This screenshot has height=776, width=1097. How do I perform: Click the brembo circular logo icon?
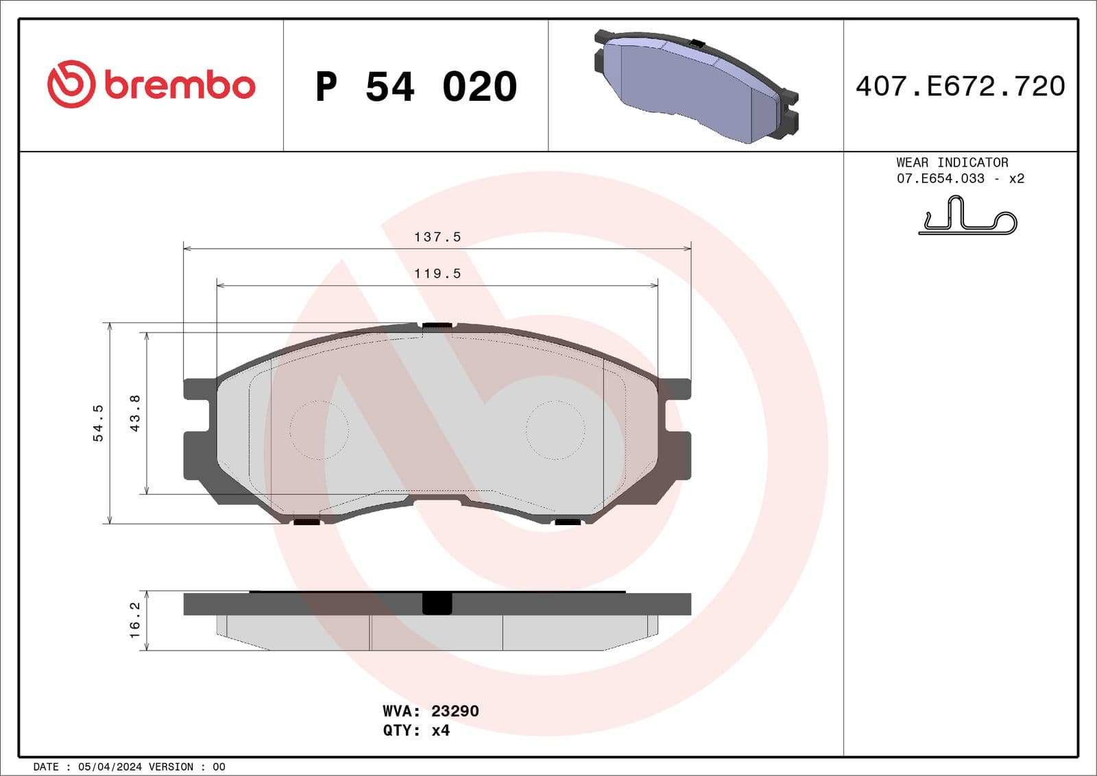(70, 84)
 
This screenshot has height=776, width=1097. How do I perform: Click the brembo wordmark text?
(180, 85)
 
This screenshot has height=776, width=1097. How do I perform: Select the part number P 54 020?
(415, 86)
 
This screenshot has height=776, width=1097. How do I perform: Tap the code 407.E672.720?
(960, 86)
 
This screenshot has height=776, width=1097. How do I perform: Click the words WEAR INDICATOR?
(952, 162)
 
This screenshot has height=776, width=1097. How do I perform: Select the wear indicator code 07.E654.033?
(940, 178)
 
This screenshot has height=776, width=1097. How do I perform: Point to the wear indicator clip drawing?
(967, 216)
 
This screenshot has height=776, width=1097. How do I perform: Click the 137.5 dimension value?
(437, 237)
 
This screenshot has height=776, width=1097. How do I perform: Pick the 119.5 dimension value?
(437, 274)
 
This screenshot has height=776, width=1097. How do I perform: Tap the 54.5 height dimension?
(98, 422)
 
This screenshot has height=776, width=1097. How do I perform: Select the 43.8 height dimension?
(135, 413)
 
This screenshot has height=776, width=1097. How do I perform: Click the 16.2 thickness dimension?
(135, 620)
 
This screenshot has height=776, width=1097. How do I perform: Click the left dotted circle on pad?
(319, 430)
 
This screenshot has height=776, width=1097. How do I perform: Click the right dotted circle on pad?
(555, 430)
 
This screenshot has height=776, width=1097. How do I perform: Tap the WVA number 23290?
(455, 711)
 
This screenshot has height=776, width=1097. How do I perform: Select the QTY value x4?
(440, 730)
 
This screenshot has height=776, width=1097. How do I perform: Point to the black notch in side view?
(437, 603)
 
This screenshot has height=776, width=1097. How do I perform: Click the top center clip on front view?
(437, 325)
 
